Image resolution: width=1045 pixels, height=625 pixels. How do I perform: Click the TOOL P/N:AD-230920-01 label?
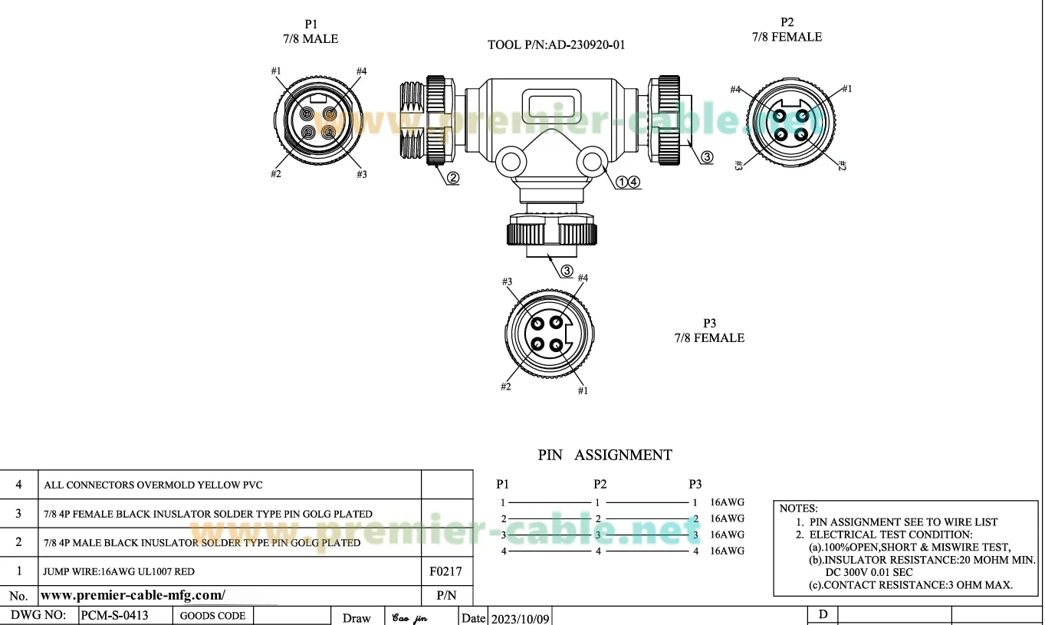click(x=556, y=44)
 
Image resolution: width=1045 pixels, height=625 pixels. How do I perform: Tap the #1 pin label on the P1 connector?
click(x=276, y=71)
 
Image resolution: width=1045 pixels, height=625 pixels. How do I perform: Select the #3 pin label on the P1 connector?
click(x=362, y=174)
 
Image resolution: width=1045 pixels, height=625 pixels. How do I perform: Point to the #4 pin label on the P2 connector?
click(x=735, y=89)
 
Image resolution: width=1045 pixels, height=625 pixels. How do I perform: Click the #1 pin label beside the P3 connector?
click(x=583, y=390)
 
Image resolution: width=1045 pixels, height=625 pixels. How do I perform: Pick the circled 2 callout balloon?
click(x=453, y=178)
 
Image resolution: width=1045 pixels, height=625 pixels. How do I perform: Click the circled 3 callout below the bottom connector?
click(x=567, y=271)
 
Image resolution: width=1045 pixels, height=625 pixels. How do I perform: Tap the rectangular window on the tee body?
click(x=552, y=104)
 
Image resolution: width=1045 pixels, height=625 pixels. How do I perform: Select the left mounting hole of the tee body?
click(x=511, y=162)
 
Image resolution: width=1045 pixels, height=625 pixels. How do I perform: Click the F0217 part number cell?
click(x=445, y=571)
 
